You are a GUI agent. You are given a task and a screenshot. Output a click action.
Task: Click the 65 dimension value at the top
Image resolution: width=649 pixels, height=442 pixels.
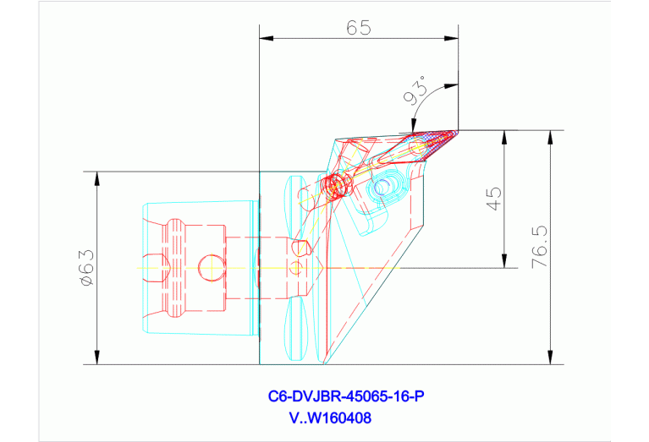pos(359,27)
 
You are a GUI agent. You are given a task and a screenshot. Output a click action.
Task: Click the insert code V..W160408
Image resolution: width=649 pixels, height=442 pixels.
pos(329,417)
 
